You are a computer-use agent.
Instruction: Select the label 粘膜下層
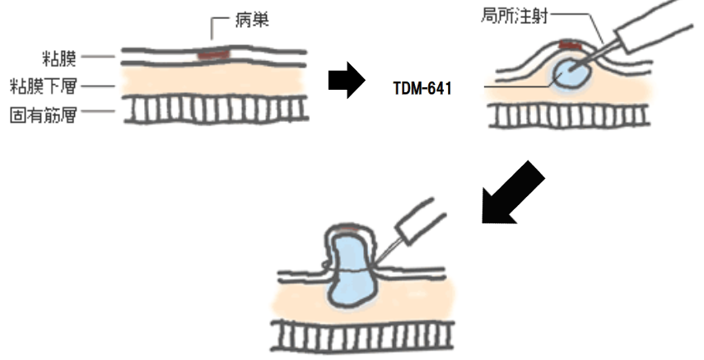point(48,85)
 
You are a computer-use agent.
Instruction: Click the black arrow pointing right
point(346,82)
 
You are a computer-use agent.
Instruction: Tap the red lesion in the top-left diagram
point(214,55)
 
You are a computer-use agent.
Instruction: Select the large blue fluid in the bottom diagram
point(350,276)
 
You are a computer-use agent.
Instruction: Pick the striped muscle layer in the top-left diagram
point(214,111)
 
